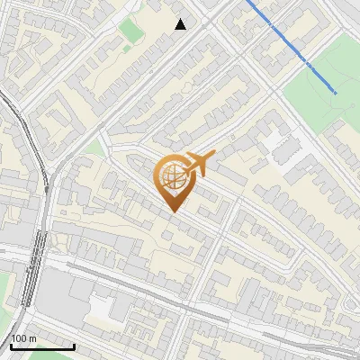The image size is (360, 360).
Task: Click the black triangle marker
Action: (x=181, y=24)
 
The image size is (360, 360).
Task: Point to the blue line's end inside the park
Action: (x=337, y=92)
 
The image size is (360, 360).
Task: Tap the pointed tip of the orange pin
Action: (x=171, y=211)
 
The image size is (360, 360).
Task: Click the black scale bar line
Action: (x=42, y=346)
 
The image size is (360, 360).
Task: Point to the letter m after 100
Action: (x=33, y=339)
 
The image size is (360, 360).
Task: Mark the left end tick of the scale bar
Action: (x=11, y=346)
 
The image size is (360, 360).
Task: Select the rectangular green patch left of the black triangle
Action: (x=131, y=30)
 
